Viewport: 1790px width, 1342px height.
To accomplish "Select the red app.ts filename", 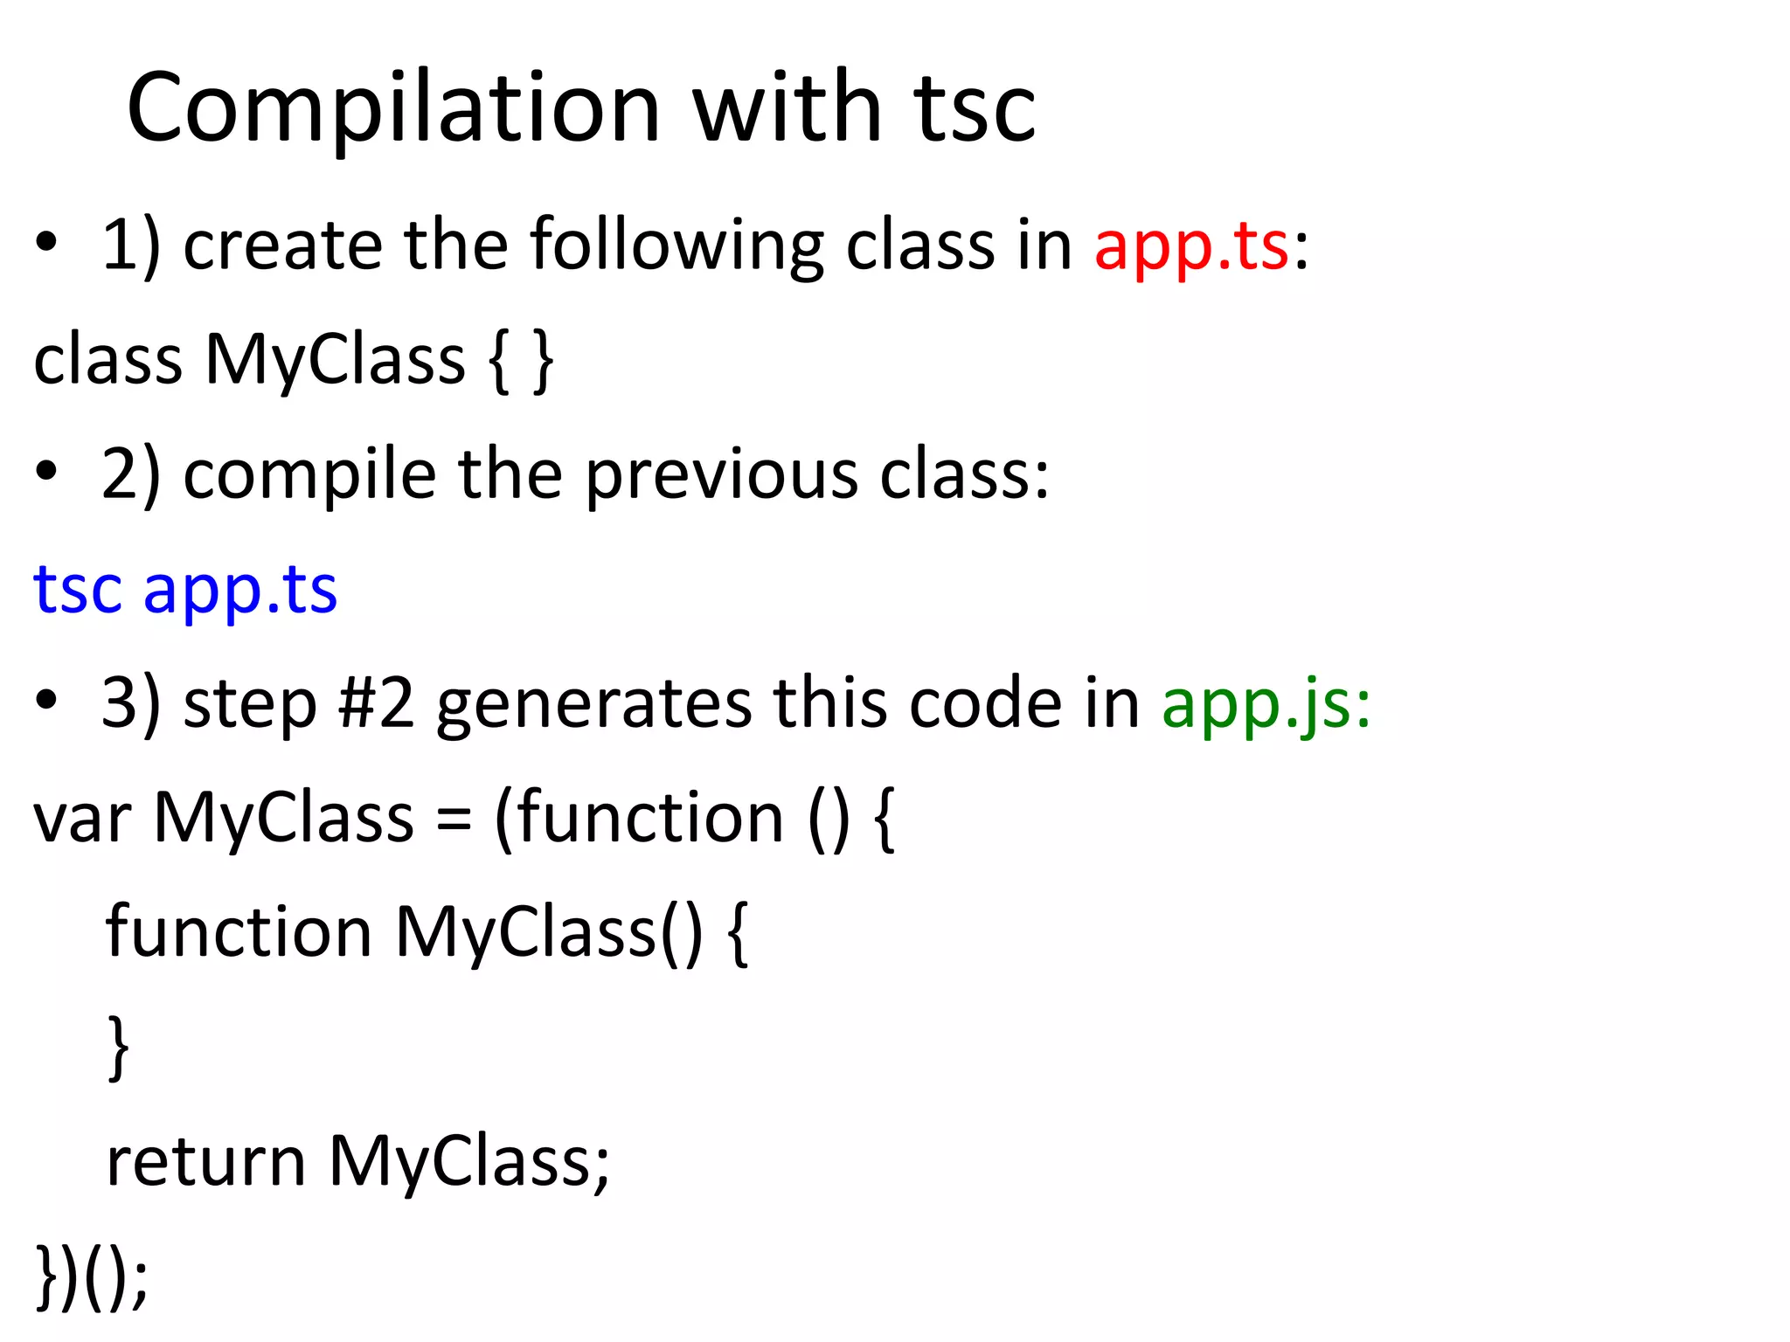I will [1190, 246].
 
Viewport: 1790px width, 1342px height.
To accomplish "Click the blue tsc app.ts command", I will [185, 590].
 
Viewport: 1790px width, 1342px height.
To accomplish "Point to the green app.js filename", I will [1266, 703].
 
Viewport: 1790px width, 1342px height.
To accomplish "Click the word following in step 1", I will [676, 246].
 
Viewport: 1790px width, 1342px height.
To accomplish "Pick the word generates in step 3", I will [593, 703].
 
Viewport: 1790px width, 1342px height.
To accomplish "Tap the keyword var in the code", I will [82, 819].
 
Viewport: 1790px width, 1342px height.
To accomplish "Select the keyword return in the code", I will [205, 1162].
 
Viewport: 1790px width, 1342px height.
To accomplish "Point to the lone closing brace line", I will [119, 1048].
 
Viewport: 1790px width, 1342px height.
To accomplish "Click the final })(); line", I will [92, 1277].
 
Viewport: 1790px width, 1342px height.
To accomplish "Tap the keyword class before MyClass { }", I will [107, 360].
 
